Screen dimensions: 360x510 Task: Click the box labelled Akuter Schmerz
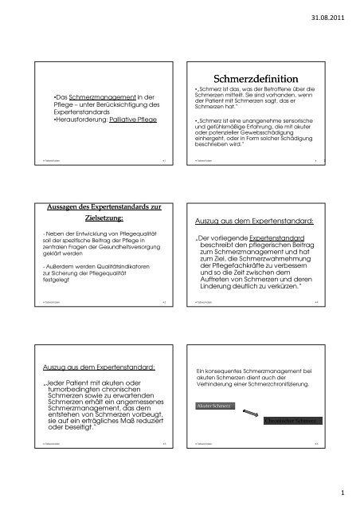click(x=213, y=405)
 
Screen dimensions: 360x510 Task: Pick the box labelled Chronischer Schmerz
click(x=292, y=420)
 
